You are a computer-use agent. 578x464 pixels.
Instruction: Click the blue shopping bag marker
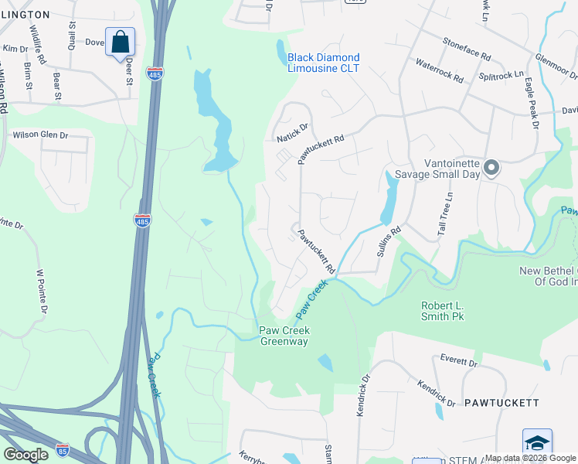[x=121, y=42]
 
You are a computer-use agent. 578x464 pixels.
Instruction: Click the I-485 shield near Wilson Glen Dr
[x=142, y=220]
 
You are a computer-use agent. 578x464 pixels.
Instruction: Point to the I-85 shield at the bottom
[x=63, y=449]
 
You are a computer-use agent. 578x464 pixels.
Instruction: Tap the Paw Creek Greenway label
[x=284, y=336]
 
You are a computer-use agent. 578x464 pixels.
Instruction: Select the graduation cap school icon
[x=537, y=443]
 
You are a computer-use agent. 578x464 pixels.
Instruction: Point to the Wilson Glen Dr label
[x=40, y=135]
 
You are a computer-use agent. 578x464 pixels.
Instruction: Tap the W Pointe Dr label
[x=42, y=291]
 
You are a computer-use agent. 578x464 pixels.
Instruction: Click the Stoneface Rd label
[x=467, y=49]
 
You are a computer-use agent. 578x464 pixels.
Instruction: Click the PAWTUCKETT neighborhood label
[x=501, y=403]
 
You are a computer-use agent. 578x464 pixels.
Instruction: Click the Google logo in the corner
[x=25, y=455]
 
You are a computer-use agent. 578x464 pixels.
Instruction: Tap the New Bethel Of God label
[x=549, y=276]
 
